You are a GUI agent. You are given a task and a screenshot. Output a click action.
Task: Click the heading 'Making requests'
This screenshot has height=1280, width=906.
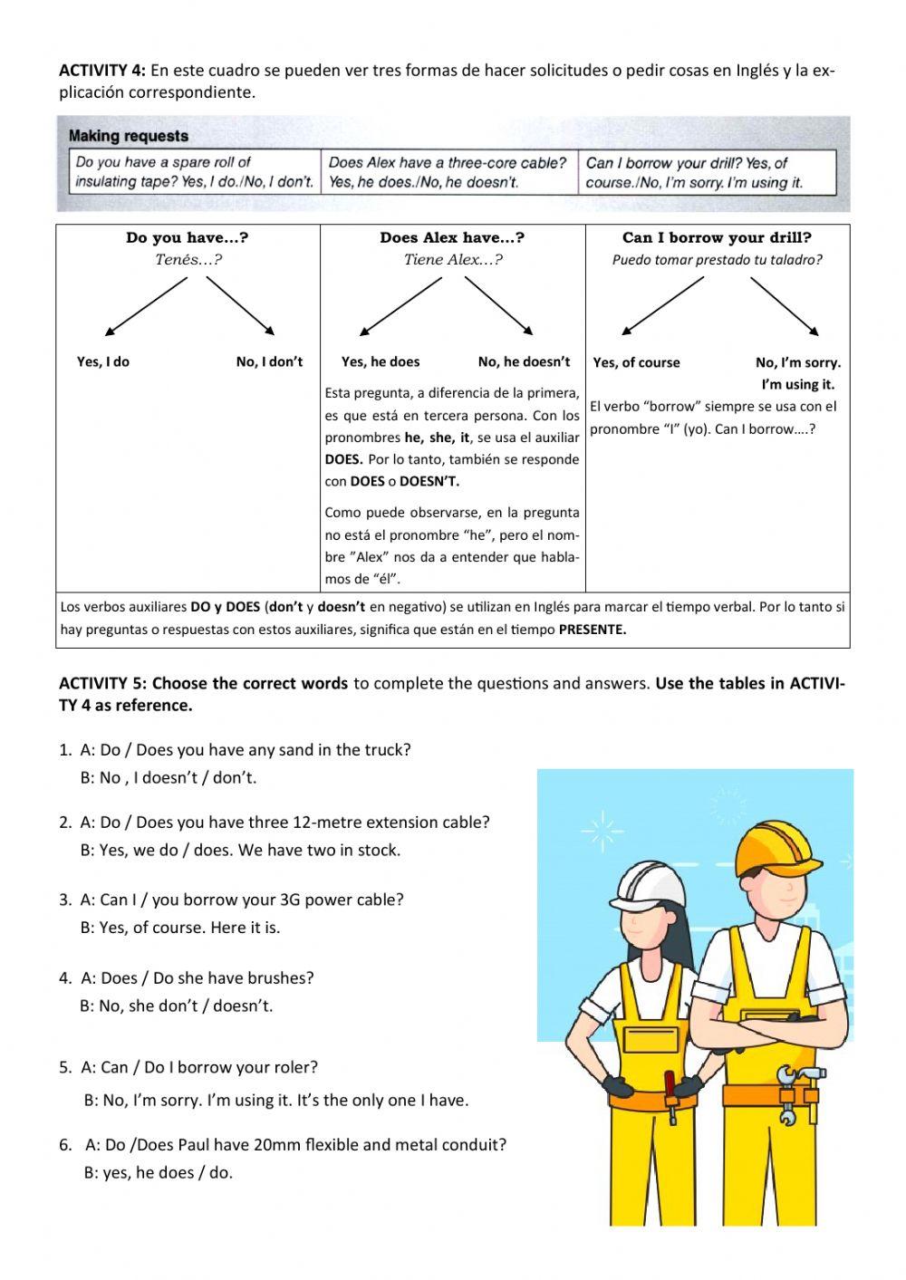coord(129,136)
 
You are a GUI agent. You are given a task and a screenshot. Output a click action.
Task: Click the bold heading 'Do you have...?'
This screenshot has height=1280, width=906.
coord(188,238)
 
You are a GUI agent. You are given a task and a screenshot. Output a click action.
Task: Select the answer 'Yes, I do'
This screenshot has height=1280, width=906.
coord(103,361)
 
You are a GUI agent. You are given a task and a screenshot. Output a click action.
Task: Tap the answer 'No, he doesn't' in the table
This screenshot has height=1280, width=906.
coord(524,361)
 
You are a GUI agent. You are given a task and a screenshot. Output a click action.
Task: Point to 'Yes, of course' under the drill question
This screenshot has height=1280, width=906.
coord(636,362)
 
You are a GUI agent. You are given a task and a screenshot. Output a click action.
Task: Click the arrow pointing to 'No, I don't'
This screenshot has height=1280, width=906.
coord(241,305)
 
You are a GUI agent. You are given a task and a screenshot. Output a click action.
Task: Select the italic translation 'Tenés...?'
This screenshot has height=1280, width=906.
coord(188,260)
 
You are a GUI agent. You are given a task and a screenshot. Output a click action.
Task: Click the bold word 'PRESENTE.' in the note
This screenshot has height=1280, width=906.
coord(593,630)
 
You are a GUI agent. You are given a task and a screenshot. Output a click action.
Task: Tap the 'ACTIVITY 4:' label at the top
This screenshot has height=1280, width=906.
coord(101,70)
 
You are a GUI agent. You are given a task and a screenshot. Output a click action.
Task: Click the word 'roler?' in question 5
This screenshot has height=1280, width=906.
coord(295,1067)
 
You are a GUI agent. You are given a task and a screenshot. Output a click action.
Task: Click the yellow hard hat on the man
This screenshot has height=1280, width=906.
coord(772,848)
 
